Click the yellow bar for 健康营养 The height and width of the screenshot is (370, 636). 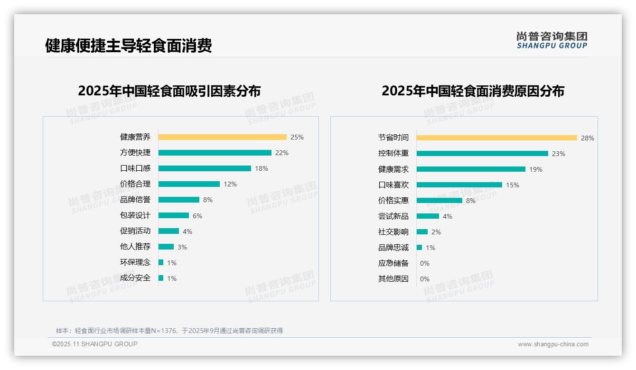tap(222, 137)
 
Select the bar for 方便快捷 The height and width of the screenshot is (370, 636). tap(215, 153)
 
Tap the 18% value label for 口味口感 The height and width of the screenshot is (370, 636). tap(262, 168)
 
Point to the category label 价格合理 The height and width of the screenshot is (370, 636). tap(135, 184)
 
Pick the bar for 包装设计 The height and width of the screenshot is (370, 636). tap(173, 215)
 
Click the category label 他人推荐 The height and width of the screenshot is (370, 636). tap(135, 247)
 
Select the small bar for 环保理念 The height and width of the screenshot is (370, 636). tap(161, 262)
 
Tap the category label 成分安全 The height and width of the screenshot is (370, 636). tap(135, 278)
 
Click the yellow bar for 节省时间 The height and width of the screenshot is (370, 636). tap(496, 138)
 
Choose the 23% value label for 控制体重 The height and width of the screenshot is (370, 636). tap(559, 154)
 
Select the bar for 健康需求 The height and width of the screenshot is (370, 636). tap(471, 169)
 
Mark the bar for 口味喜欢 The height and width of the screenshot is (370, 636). tap(459, 185)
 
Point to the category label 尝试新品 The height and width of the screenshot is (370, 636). tap(393, 216)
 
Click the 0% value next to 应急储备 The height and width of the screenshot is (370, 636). tap(425, 263)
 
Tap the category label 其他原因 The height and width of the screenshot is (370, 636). tap(393, 279)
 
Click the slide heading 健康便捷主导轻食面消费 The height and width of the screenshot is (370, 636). tap(128, 46)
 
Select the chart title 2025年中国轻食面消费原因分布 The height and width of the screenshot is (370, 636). tap(473, 91)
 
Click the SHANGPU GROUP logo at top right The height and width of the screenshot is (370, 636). tap(552, 40)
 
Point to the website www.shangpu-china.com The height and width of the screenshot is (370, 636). tap(553, 344)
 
